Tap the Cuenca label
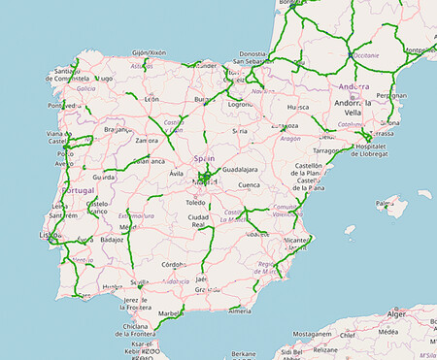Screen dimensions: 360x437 point(250,184)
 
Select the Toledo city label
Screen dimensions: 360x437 point(198,203)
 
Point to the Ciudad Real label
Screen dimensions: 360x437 point(199,220)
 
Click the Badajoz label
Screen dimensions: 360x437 point(113,238)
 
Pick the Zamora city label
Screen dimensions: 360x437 point(149,141)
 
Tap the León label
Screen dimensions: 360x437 point(151,99)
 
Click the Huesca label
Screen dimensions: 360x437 point(298,109)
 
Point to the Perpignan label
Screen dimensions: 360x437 point(391,96)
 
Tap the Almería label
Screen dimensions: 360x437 point(240,311)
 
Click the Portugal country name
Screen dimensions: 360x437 point(79,190)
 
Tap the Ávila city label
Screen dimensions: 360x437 point(177,174)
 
